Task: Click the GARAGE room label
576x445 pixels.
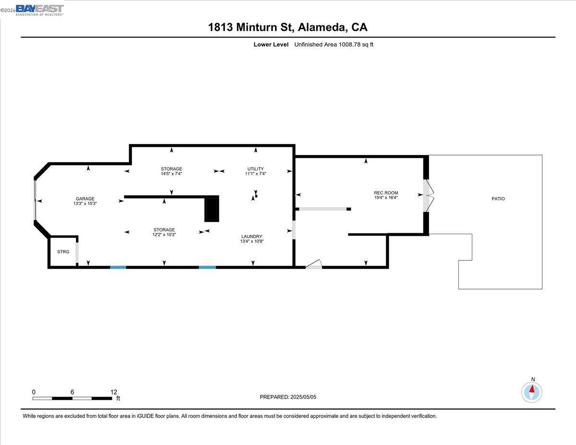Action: coord(84,199)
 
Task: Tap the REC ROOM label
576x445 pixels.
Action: coord(386,193)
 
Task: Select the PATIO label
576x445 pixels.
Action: coord(498,199)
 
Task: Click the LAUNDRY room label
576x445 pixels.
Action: coord(252,236)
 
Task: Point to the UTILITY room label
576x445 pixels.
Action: coord(255,169)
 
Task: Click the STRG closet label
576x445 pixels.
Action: coord(63,252)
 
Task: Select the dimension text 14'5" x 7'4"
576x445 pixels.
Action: coord(171,174)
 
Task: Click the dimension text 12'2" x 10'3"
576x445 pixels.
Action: coord(164,235)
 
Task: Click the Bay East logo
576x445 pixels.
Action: coord(39,10)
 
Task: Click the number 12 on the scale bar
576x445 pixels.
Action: coord(113,392)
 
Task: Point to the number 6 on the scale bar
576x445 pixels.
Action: coord(72,392)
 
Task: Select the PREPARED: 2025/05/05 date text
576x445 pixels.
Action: coord(288,397)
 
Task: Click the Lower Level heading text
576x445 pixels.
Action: coord(271,45)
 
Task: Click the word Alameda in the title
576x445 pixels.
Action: coord(322,27)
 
